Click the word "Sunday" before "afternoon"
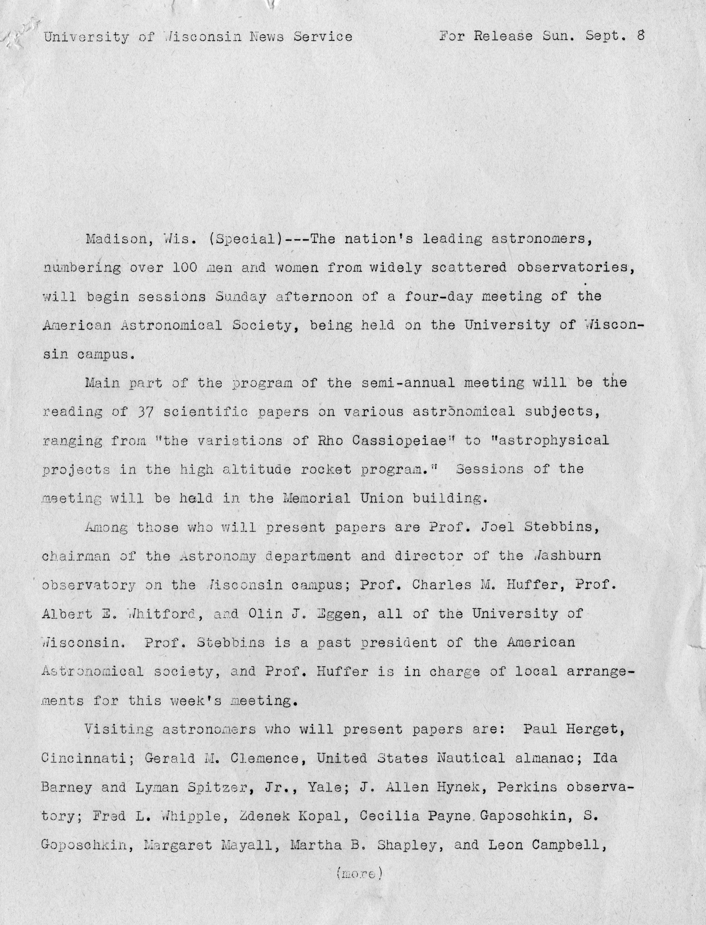click(241, 297)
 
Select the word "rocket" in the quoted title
click(326, 469)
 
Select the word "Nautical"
click(471, 758)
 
